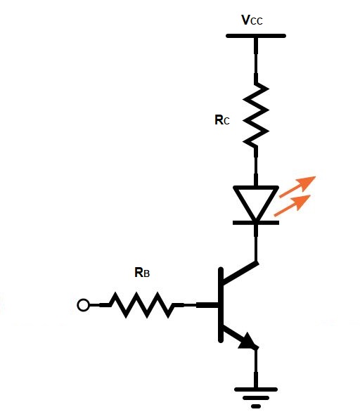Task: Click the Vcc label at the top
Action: point(253,20)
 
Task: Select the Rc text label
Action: point(221,120)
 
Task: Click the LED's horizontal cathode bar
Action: point(256,222)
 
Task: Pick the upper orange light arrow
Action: point(299,186)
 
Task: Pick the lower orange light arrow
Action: point(294,205)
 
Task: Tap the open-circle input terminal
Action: point(83,305)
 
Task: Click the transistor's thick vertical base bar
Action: point(219,305)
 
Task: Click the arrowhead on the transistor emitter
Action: point(247,342)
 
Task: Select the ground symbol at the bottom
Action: point(256,395)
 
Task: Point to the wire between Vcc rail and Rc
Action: point(256,60)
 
